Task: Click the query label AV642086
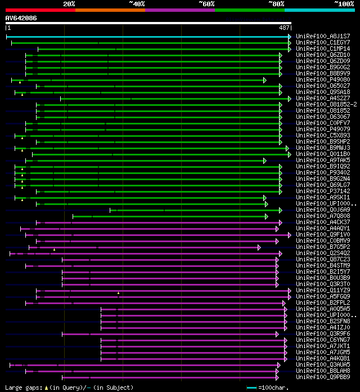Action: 21,18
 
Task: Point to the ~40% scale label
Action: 137,4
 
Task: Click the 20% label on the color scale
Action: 69,4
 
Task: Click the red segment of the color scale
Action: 40,10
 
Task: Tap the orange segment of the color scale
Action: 110,10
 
